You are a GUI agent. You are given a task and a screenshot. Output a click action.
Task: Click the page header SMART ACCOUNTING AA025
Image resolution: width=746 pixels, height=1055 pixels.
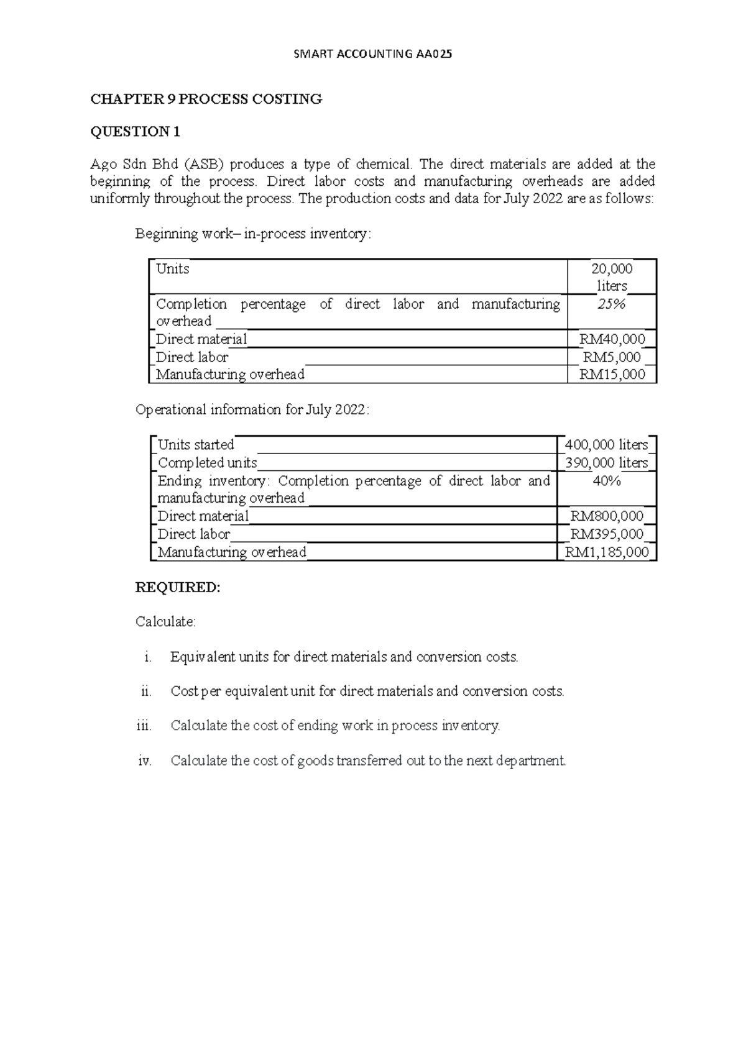coord(372,54)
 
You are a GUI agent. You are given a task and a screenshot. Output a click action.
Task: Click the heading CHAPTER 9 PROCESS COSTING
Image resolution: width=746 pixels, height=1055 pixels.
coord(206,99)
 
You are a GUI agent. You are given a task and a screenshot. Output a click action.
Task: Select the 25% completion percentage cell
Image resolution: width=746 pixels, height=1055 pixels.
coord(612,304)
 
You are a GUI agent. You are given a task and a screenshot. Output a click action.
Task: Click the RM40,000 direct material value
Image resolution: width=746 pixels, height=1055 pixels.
coord(612,339)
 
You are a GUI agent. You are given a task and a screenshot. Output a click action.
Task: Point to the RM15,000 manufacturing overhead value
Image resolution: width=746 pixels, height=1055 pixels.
coord(612,375)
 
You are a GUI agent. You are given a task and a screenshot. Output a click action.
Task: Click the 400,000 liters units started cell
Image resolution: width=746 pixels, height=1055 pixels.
coord(607,445)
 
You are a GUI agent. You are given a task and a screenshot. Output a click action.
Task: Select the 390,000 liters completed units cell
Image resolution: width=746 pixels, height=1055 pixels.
coord(607,463)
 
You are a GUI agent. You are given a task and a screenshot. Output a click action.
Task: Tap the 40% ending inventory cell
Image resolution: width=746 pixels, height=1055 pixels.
coord(607,481)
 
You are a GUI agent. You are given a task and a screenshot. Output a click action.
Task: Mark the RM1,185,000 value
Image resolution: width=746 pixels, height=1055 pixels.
coord(607,552)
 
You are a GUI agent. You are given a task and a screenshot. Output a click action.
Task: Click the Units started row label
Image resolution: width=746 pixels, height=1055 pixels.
coord(196,445)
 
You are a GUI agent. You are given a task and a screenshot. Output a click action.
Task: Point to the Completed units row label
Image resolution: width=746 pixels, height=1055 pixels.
coord(207,463)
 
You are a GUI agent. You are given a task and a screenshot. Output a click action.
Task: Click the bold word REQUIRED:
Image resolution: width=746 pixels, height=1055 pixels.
coord(178,588)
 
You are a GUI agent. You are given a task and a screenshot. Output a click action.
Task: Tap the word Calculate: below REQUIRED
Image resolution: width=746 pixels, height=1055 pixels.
coord(165,622)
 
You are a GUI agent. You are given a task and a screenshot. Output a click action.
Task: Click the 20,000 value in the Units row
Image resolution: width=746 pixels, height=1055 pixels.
coord(612,269)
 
